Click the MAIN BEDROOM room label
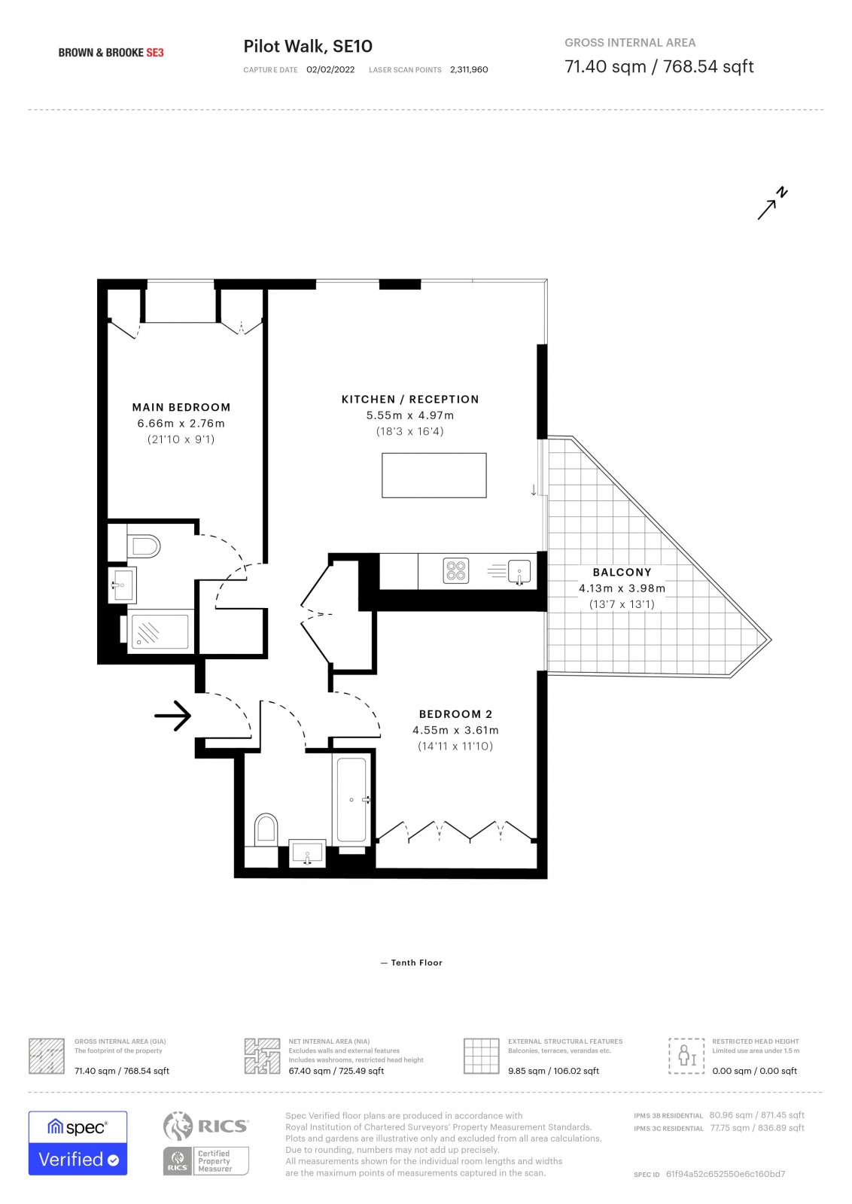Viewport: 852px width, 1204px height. pos(181,407)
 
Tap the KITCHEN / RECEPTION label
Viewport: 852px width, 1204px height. pos(410,400)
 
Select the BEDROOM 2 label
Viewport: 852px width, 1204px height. pos(455,714)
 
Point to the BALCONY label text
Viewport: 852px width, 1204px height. pos(622,573)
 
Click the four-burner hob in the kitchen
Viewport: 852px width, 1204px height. pos(456,571)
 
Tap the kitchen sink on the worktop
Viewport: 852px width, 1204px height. pos(519,571)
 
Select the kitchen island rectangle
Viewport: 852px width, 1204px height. pos(434,475)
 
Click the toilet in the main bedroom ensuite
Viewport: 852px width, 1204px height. pos(144,546)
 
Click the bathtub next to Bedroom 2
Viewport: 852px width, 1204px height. pos(351,800)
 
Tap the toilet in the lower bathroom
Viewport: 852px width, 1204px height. pos(266,829)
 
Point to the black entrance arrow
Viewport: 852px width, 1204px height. pos(172,716)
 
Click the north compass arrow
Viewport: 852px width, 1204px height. pos(772,203)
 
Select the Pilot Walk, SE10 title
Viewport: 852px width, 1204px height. pos(308,46)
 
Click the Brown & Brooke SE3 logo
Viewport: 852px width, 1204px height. pos(111,53)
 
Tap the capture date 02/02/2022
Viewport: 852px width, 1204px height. pos(330,70)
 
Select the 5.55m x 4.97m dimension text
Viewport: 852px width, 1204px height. pos(410,415)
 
